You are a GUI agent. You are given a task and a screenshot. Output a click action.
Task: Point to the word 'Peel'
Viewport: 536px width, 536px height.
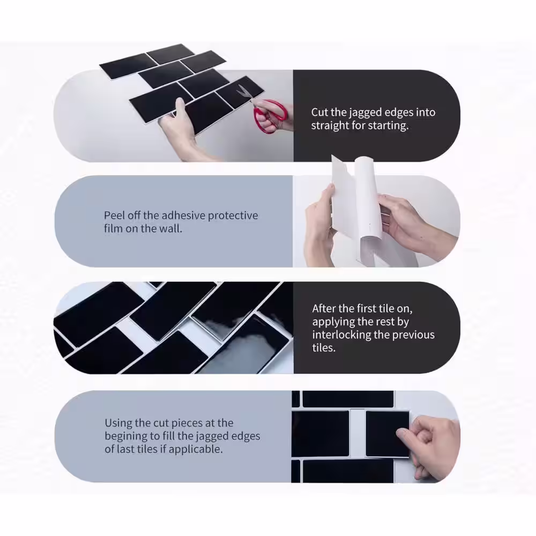click(114, 215)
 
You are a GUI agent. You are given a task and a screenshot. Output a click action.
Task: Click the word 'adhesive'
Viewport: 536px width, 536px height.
click(183, 215)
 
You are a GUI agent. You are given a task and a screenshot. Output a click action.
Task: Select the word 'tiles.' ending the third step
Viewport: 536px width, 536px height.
click(324, 348)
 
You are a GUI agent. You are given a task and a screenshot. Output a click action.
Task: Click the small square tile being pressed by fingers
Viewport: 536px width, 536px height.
click(388, 434)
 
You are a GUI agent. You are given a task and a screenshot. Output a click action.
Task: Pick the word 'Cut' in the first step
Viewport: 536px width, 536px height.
click(319, 113)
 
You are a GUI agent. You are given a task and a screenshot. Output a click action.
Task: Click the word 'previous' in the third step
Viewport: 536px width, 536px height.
click(413, 335)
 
